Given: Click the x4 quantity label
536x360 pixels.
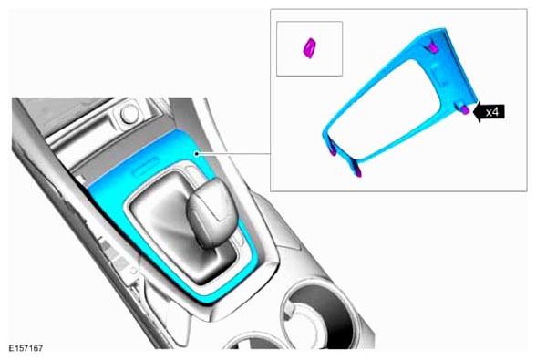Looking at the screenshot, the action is tap(492, 112).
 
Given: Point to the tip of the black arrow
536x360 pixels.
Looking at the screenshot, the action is tap(473, 111).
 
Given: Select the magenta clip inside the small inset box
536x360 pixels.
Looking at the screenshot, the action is tap(310, 48).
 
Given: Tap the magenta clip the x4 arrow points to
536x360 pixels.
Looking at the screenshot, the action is tap(465, 109).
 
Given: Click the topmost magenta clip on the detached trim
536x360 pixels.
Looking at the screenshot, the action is tap(432, 49).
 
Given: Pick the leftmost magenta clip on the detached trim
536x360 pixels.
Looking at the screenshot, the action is tap(331, 151).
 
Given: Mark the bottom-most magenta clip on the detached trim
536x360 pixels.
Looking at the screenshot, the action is tap(357, 172).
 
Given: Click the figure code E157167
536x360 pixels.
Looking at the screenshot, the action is tap(26, 348).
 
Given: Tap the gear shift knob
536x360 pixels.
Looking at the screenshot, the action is tap(211, 212).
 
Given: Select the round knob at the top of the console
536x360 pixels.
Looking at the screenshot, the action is tap(129, 114).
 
